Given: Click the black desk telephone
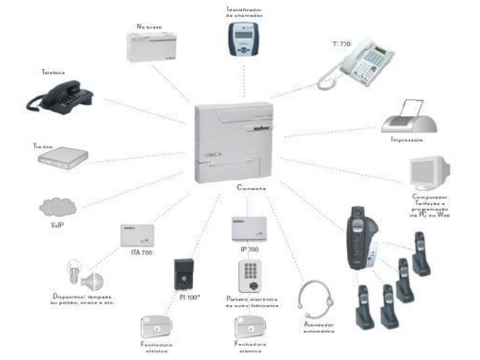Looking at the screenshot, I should [61, 97].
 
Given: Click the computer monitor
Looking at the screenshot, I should [428, 173].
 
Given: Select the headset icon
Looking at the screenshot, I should [316, 301].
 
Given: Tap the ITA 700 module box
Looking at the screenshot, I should [140, 235].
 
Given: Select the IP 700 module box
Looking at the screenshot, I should [248, 227].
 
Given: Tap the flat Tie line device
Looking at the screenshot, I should [62, 157].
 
